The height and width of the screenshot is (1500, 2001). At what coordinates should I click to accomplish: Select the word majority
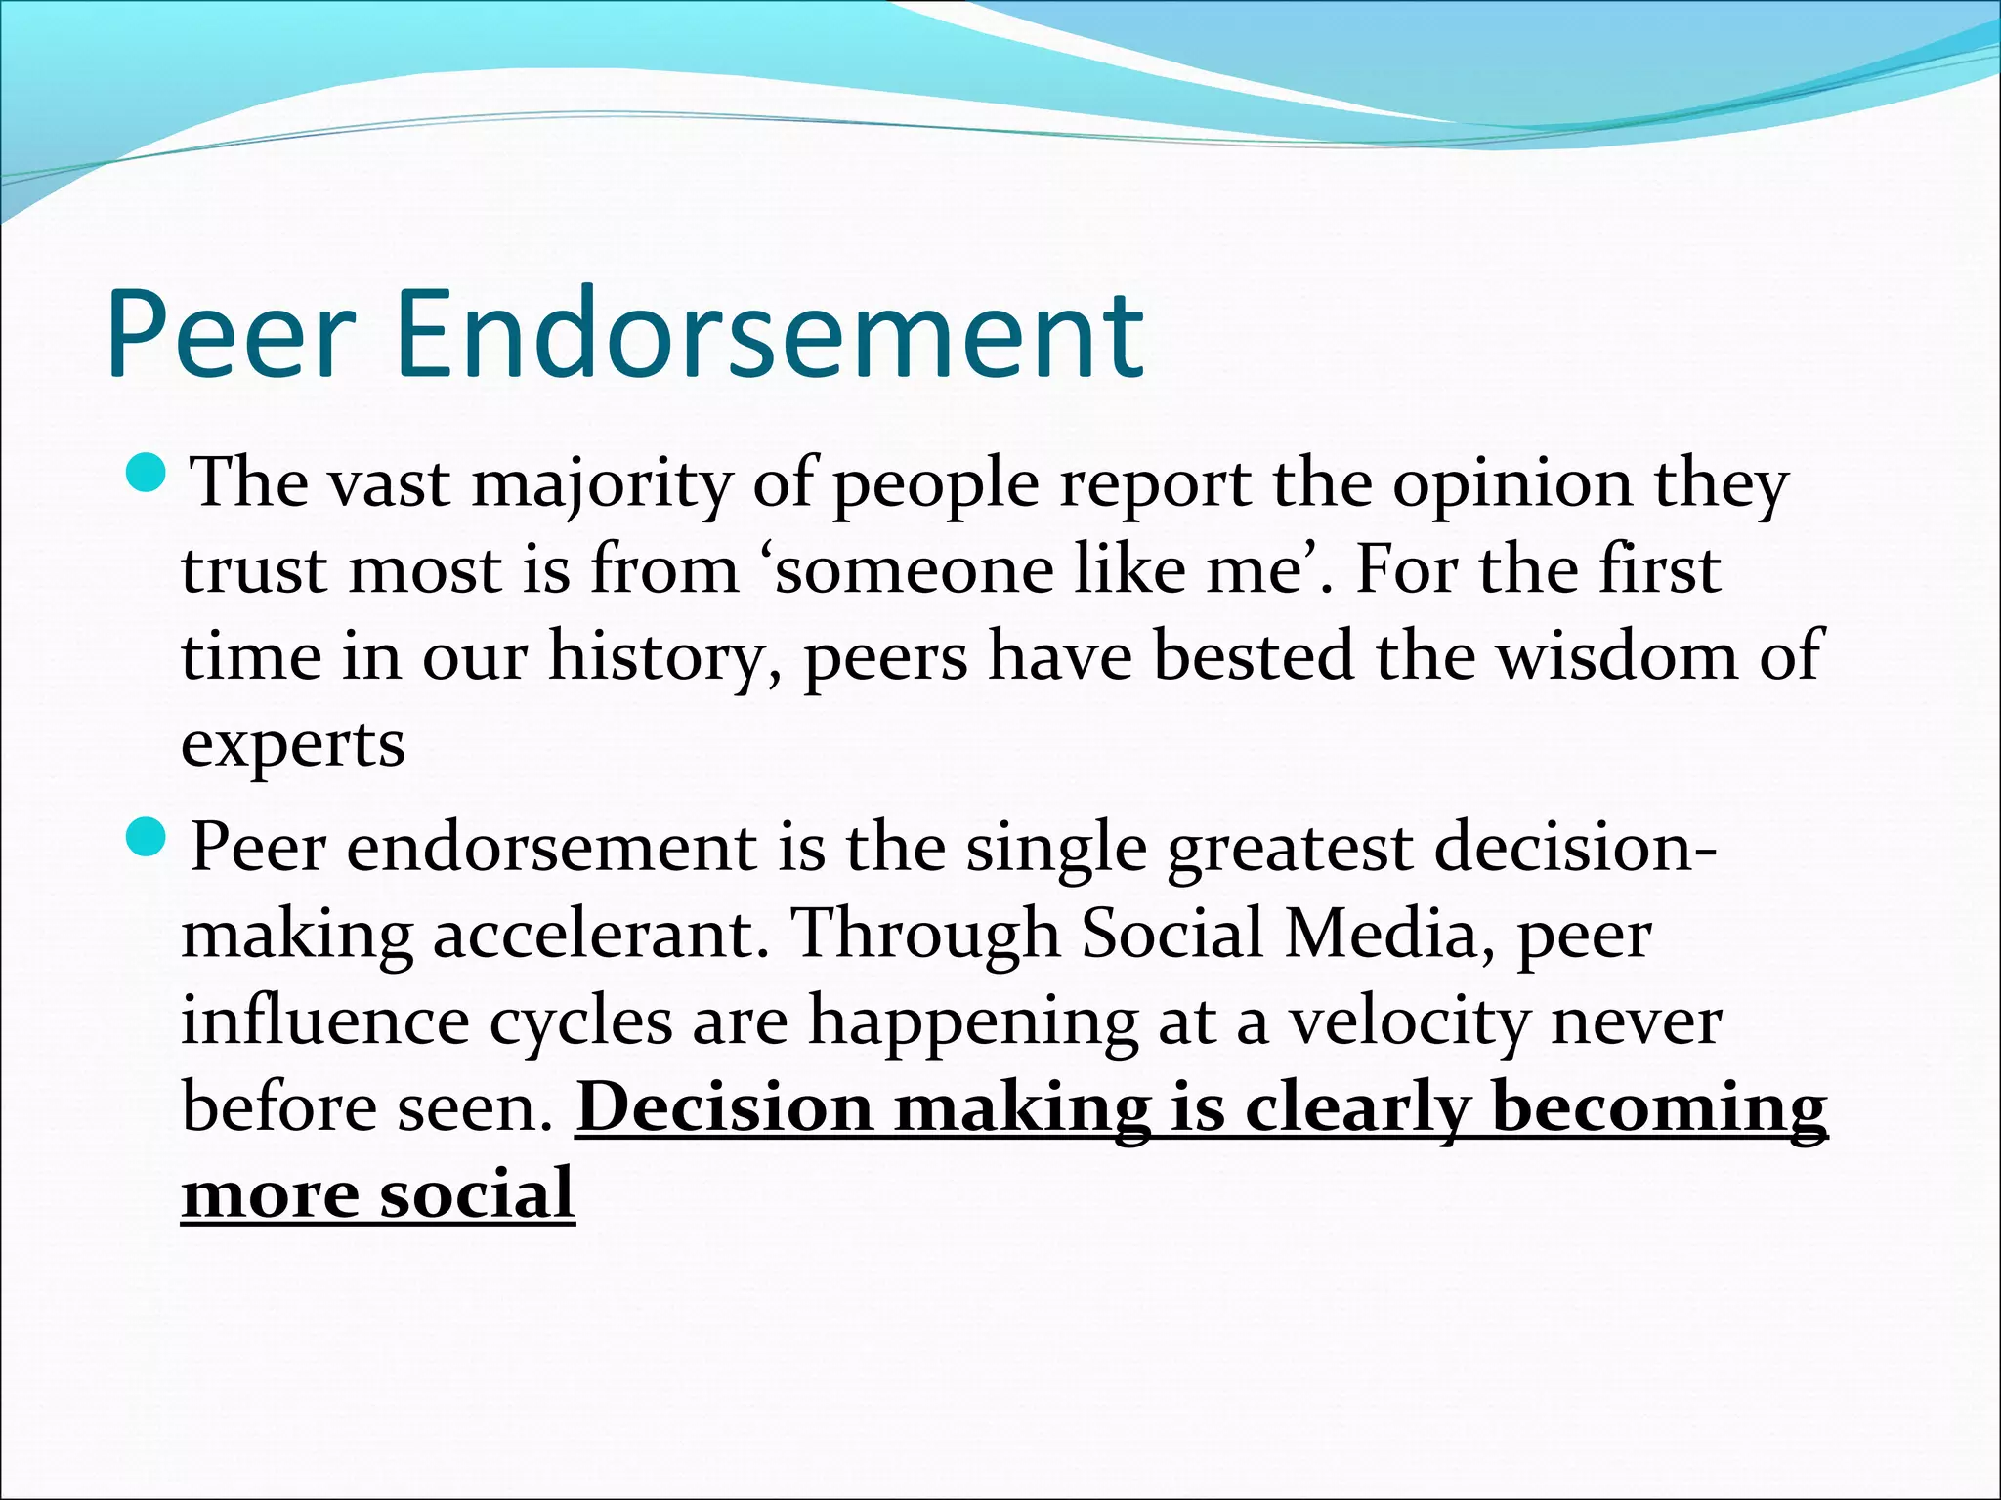(602, 486)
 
